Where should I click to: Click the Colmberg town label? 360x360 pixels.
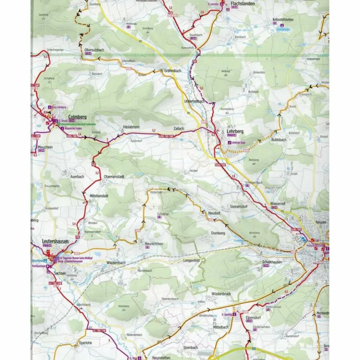point(77,117)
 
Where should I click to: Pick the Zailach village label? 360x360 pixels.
point(178,129)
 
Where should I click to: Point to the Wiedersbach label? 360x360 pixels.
point(116,263)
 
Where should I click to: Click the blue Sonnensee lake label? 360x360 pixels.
point(283,29)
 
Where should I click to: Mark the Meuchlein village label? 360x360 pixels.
point(45,147)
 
